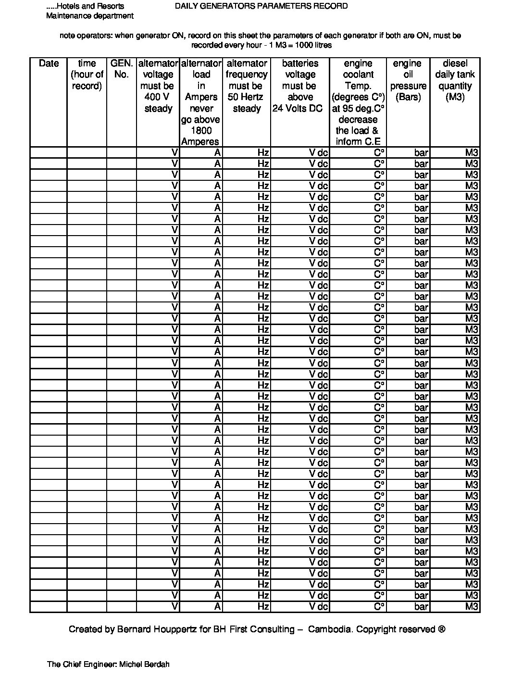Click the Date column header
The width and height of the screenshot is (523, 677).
coord(49,63)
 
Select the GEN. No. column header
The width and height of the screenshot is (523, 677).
coord(122,69)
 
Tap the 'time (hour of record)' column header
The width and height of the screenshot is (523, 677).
coord(87,75)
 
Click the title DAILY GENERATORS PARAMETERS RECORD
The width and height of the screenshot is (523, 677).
coord(261,6)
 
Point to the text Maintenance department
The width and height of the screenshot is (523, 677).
coord(89,16)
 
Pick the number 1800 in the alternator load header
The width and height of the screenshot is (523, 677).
coord(201,131)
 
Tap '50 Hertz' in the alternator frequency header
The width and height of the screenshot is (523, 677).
coord(246,97)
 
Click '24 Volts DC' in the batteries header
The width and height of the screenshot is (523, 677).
coord(298,108)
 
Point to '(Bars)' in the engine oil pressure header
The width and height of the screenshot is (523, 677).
coord(408,97)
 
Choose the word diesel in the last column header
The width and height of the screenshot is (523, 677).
coord(455,63)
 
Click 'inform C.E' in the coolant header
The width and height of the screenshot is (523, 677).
coord(358,141)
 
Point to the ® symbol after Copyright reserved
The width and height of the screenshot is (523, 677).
coord(442,629)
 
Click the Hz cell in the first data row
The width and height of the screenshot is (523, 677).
coord(263,152)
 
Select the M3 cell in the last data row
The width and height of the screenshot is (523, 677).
coord(472,607)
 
